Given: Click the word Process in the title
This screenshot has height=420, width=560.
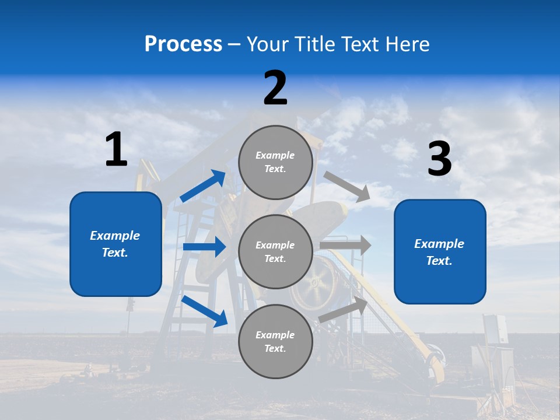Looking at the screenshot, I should click(x=183, y=44).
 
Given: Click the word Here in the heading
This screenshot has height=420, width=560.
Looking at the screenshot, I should click(x=408, y=44).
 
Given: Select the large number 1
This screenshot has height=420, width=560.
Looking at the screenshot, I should click(x=116, y=150).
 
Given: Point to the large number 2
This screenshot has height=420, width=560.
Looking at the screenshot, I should click(x=275, y=88).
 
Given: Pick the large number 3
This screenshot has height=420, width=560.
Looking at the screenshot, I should click(x=439, y=159).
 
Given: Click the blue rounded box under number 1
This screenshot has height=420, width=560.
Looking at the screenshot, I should click(x=116, y=244).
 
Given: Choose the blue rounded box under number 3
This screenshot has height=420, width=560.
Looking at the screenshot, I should click(x=440, y=252).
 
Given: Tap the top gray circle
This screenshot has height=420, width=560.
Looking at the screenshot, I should click(x=275, y=162).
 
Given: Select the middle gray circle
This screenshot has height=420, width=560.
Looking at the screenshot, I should click(x=275, y=251).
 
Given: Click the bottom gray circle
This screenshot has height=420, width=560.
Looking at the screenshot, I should click(x=275, y=341).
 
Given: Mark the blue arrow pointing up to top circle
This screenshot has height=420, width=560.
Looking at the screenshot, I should click(x=203, y=186).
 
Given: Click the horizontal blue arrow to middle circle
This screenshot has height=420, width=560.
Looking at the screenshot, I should click(x=204, y=247).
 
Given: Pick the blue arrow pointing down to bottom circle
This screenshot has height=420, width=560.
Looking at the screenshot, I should click(x=205, y=310).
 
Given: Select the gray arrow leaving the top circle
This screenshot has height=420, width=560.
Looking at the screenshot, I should click(x=347, y=186).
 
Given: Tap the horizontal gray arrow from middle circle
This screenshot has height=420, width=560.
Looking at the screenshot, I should click(x=345, y=246).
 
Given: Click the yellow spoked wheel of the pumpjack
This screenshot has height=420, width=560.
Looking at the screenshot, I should click(x=315, y=284).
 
